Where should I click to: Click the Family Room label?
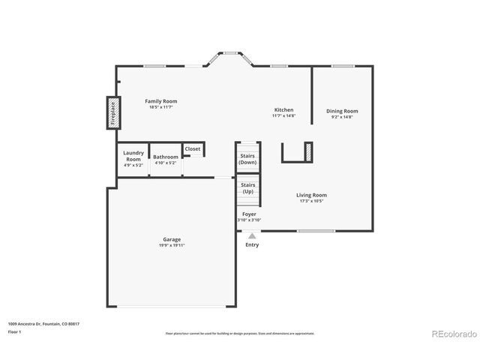click(161, 101)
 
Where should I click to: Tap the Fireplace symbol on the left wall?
click(113, 113)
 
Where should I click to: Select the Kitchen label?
click(283, 110)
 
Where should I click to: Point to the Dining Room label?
click(341, 111)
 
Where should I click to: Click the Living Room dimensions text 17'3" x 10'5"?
click(313, 201)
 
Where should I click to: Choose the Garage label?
click(172, 239)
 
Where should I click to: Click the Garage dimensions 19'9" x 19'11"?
click(172, 245)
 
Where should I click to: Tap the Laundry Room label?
click(133, 155)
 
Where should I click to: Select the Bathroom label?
click(166, 157)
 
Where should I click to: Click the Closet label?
click(193, 149)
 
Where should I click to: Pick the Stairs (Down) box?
click(247, 159)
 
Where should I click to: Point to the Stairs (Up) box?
click(247, 187)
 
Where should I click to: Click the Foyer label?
click(249, 214)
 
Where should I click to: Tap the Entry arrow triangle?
click(252, 235)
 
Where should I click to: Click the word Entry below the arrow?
click(252, 244)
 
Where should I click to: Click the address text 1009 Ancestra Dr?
click(43, 324)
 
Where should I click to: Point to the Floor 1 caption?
click(14, 331)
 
